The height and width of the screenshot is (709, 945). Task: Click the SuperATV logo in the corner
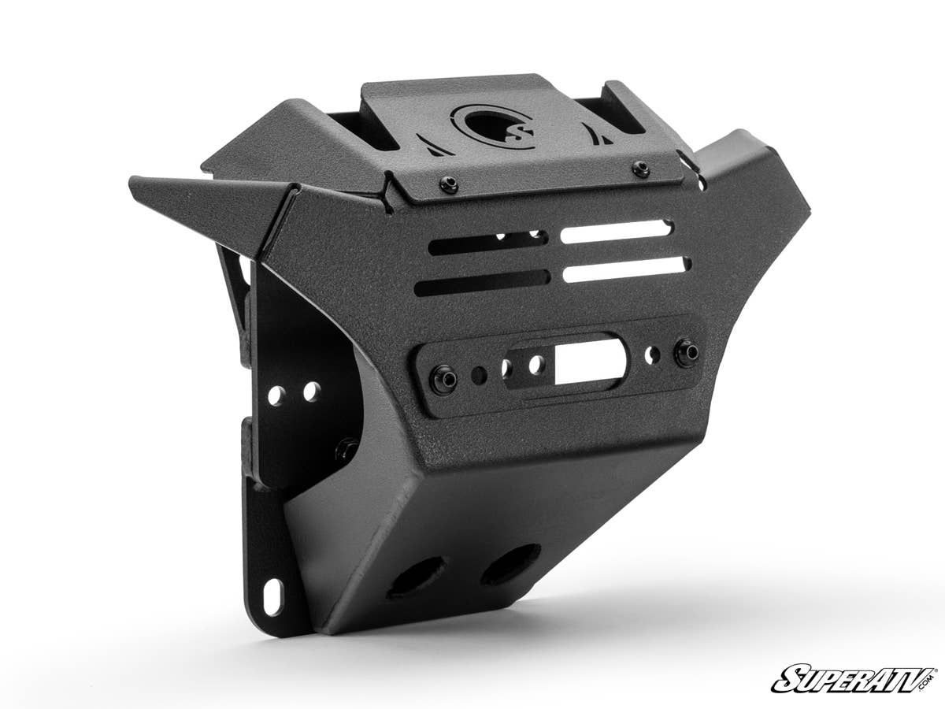click(854, 678)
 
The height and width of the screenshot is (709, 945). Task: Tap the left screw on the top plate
click(449, 184)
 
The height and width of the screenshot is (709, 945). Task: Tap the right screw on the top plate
click(642, 168)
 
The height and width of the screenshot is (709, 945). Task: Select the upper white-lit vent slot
click(616, 231)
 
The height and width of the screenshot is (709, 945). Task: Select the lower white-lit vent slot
click(626, 269)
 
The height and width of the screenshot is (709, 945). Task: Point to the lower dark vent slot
click(482, 281)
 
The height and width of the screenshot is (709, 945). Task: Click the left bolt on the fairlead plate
click(444, 380)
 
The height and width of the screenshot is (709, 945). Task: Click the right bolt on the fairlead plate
click(687, 352)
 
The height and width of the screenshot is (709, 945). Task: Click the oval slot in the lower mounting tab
click(273, 597)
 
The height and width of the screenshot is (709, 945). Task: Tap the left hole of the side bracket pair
click(276, 395)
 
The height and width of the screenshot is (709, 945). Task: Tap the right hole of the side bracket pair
click(312, 391)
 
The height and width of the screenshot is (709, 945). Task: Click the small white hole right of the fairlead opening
click(650, 357)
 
